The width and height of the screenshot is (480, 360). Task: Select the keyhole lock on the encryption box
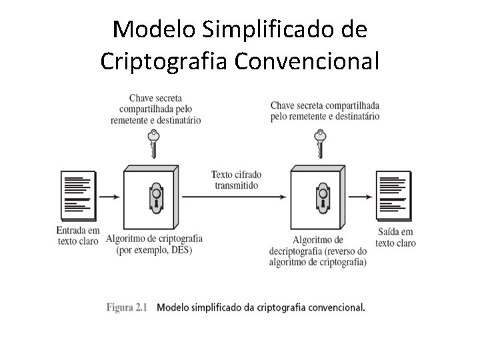click(x=155, y=195)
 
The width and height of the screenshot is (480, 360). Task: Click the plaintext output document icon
click(x=395, y=197)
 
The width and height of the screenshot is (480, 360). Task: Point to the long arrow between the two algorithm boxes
click(x=235, y=197)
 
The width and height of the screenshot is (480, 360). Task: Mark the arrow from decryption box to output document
click(x=361, y=197)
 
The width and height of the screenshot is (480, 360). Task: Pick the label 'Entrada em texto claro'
click(x=77, y=236)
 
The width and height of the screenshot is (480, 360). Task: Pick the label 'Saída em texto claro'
click(x=395, y=237)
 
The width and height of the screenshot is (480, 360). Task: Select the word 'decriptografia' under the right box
click(x=296, y=251)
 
